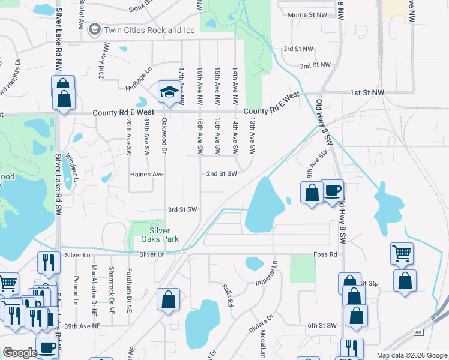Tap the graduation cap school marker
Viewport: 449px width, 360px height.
pos(169,93)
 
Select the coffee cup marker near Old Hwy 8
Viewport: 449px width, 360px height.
pos(333,191)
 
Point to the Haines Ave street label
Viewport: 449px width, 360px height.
pos(147,174)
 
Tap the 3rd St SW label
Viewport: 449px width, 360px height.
pos(182,209)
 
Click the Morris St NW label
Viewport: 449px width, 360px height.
pos(307,14)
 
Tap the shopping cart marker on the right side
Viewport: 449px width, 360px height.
pos(401,253)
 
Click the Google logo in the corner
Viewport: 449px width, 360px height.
pos(20,353)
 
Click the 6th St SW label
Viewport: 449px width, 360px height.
pos(320,325)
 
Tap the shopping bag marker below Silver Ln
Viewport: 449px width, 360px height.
pos(169,298)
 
